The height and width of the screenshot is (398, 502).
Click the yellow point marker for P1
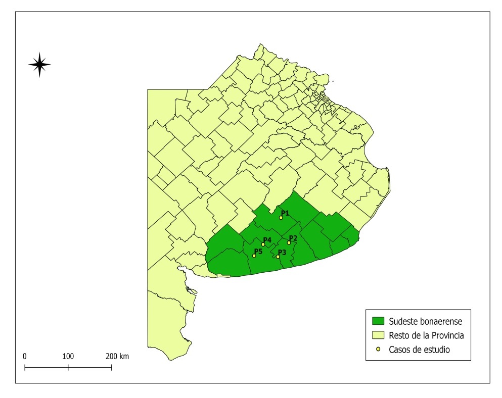click(281, 218)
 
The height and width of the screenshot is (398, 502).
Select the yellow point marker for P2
click(289, 242)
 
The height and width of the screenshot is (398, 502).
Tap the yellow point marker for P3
click(278, 257)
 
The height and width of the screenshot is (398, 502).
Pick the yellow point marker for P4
click(263, 244)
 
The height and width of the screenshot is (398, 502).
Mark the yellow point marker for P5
click(254, 256)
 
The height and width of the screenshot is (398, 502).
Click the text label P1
click(285, 213)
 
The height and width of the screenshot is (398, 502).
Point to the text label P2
click(293, 238)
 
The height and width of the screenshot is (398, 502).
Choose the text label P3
click(282, 252)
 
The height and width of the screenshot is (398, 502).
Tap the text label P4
click(267, 239)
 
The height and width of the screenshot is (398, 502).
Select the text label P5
click(258, 251)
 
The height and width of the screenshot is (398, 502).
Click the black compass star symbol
click(39, 64)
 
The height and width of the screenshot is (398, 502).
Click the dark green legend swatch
click(378, 321)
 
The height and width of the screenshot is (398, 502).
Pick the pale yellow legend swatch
click(378, 335)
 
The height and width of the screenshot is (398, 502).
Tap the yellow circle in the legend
click(378, 349)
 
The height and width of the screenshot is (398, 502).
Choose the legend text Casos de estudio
click(419, 349)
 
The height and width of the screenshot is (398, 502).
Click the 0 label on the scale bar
click(25, 356)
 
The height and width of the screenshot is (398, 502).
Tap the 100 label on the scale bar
click(68, 356)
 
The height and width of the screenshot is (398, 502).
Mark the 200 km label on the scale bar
click(117, 356)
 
